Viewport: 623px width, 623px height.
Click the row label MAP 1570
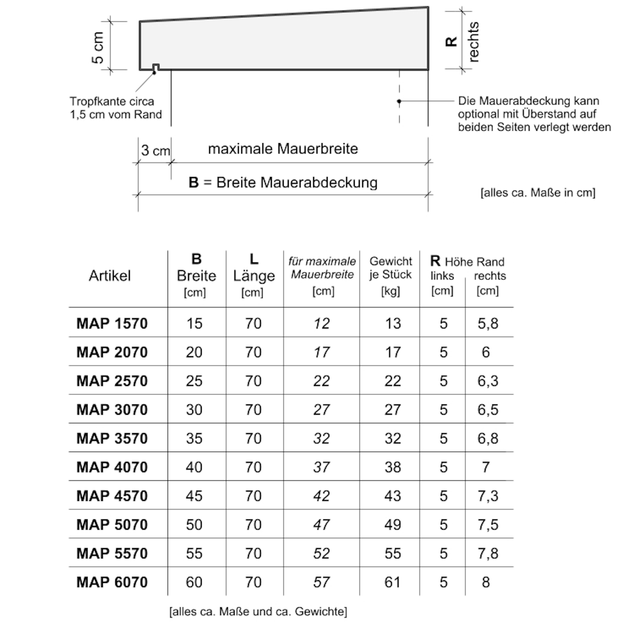pos(112,324)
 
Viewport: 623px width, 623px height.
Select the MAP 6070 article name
pos(112,582)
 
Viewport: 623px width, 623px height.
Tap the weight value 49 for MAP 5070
pos(392,525)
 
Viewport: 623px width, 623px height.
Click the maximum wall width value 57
pos(322,582)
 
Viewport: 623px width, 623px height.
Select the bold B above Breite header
pos(196,259)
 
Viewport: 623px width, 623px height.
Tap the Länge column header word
pos(254,276)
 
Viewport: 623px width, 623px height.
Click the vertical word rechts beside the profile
pos(473,42)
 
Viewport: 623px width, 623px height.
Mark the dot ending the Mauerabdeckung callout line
pos(399,101)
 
